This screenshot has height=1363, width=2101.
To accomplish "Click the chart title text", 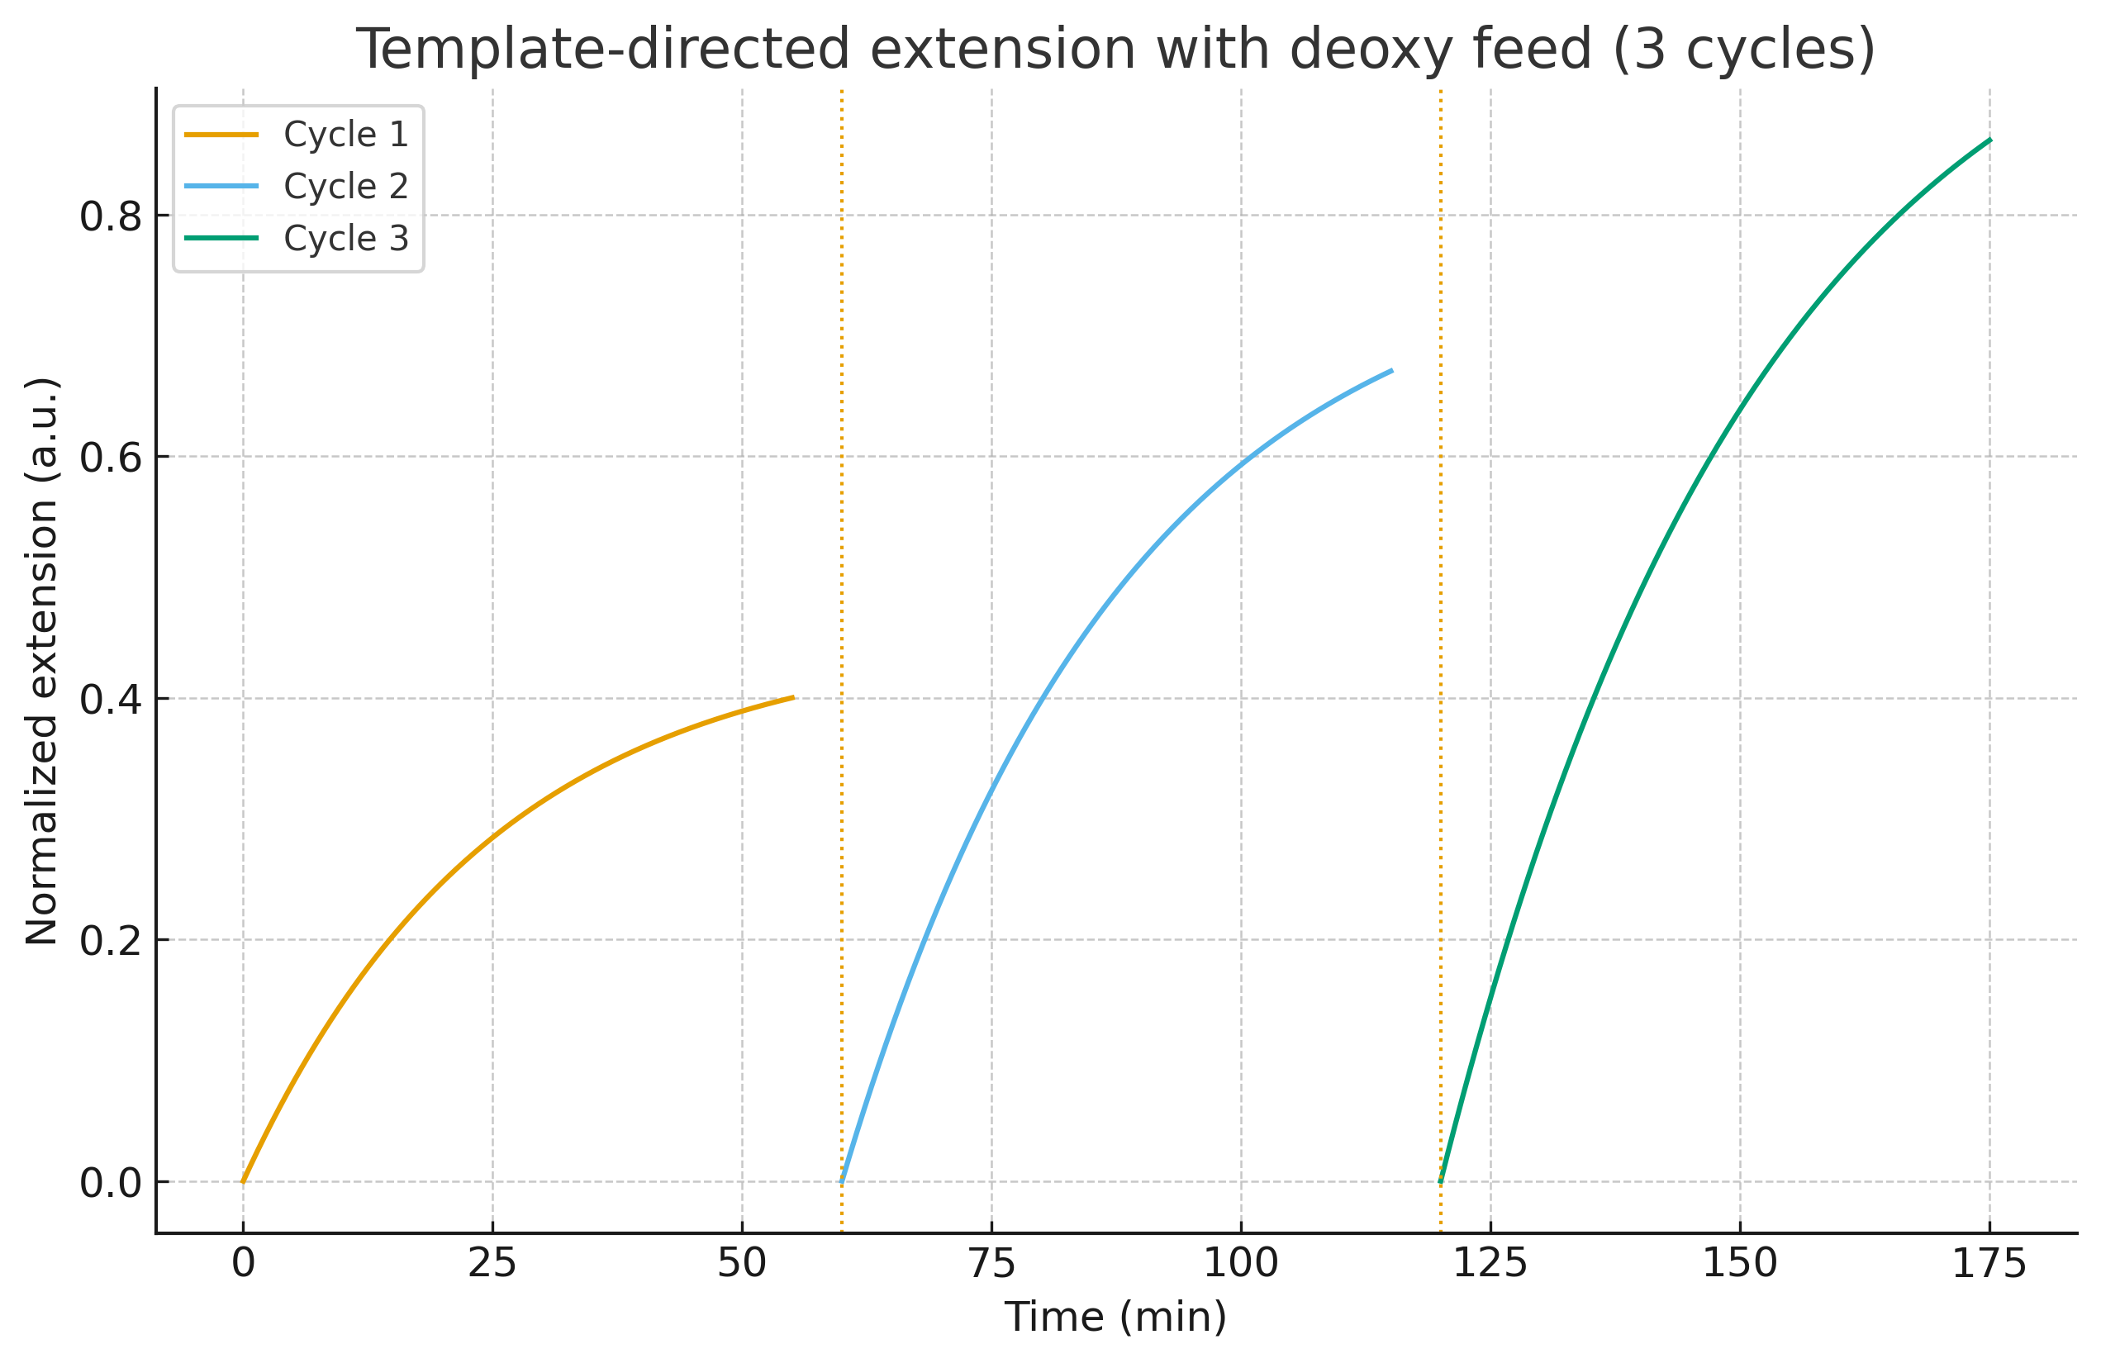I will coord(1115,50).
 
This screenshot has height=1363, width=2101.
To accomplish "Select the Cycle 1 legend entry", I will coord(345,134).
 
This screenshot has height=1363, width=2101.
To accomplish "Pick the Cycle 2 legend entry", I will coord(345,186).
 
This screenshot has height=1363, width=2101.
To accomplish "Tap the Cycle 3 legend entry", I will coord(345,239).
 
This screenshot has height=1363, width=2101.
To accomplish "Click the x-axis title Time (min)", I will coord(1115,1316).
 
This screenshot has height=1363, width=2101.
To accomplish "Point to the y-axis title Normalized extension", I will coord(42,661).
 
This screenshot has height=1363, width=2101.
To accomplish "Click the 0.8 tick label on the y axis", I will coord(111,217).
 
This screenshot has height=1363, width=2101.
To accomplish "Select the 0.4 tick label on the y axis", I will coord(111,700).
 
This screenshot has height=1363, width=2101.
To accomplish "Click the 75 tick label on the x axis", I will coord(991,1264).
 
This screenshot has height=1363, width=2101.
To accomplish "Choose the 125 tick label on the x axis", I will coord(1490,1264).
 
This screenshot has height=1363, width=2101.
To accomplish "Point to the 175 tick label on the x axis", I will coord(1989,1264).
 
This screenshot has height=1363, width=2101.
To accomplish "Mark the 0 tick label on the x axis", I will coord(243,1264).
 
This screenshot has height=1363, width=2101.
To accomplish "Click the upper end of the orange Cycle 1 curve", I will coord(793,697).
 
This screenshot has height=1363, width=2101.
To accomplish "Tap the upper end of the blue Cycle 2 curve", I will coord(1391,371).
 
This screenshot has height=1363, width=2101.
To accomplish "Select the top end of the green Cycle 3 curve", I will coord(1989,140).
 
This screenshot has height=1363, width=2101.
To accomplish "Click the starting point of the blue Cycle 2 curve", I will coord(842,1180).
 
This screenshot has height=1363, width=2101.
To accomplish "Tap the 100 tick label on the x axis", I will coord(1240,1264).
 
